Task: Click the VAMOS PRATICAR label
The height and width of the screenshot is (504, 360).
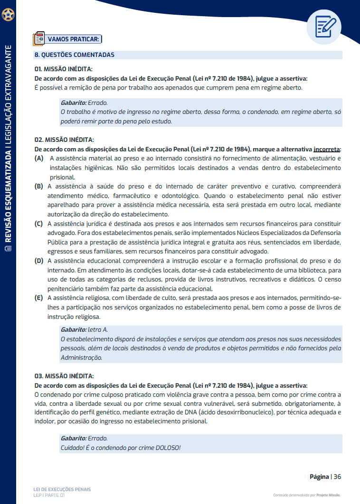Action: [73, 39]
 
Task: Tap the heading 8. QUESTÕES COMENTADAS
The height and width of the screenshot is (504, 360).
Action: [75, 55]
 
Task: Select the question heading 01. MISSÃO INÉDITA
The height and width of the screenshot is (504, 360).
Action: [63, 69]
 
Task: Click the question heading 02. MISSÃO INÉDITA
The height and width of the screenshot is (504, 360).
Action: [64, 140]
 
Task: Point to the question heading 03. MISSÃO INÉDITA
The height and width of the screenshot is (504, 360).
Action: [64, 376]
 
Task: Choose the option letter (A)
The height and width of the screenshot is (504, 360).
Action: [39, 158]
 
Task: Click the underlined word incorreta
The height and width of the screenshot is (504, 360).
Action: [327, 149]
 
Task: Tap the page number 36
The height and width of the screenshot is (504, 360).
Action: [337, 477]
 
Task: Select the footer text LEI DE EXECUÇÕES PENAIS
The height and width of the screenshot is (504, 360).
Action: [62, 489]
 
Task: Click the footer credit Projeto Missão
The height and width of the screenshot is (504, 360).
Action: [329, 495]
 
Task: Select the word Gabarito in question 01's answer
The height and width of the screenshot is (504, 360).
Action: [73, 103]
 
